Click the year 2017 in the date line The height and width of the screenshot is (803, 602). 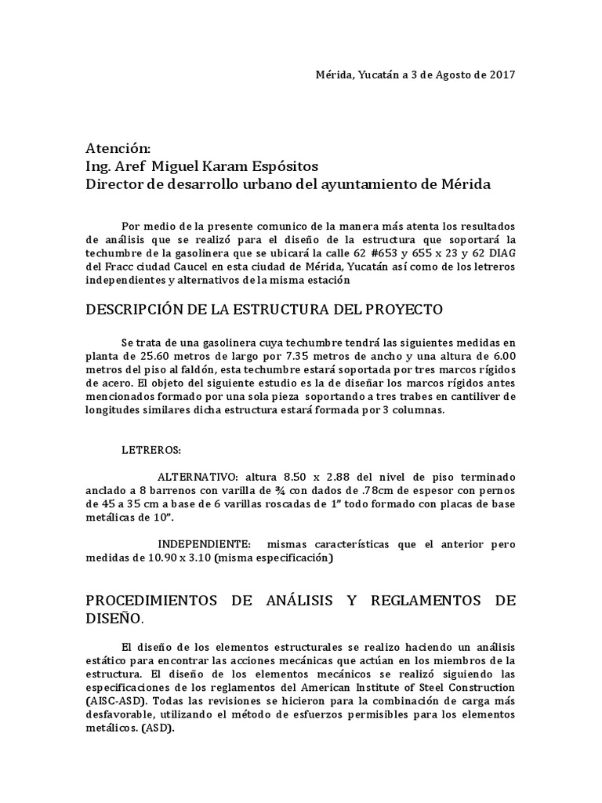[502, 74]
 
